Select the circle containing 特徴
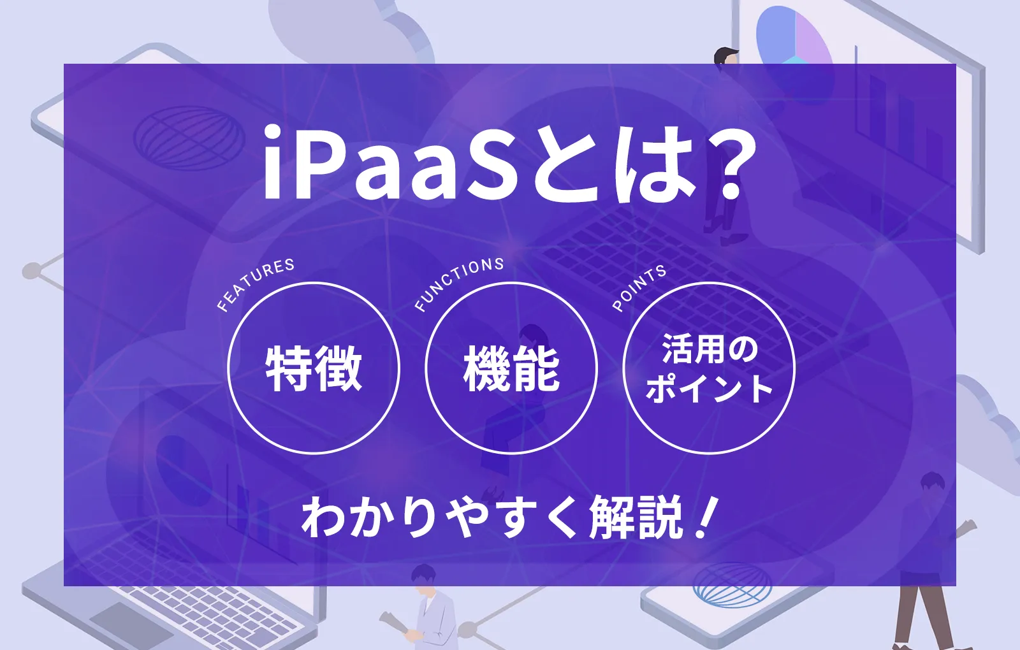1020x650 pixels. (x=314, y=368)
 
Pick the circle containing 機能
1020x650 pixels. (x=511, y=368)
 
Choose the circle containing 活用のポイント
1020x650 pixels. (x=709, y=368)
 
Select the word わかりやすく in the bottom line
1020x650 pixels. (x=440, y=517)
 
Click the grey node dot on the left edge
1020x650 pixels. (x=31, y=271)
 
